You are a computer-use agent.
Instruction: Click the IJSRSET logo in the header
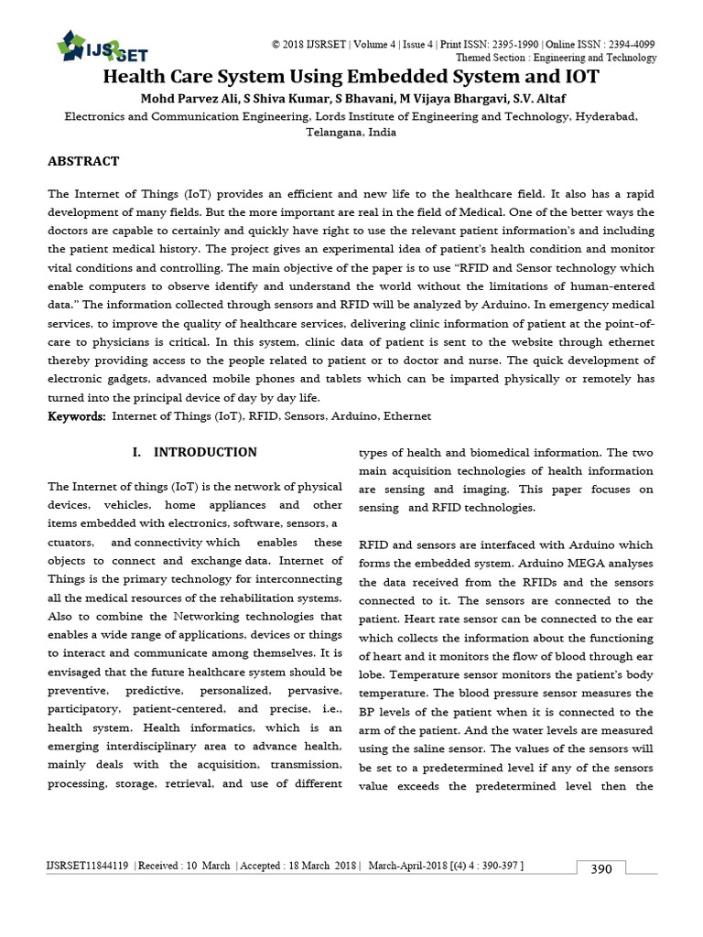click(102, 47)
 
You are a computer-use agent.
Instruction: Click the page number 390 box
click(600, 868)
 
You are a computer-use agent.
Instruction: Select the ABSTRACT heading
click(83, 161)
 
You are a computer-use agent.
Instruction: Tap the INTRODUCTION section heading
click(195, 452)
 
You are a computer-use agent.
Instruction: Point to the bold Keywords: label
click(76, 415)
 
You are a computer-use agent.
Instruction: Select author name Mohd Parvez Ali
click(186, 99)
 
